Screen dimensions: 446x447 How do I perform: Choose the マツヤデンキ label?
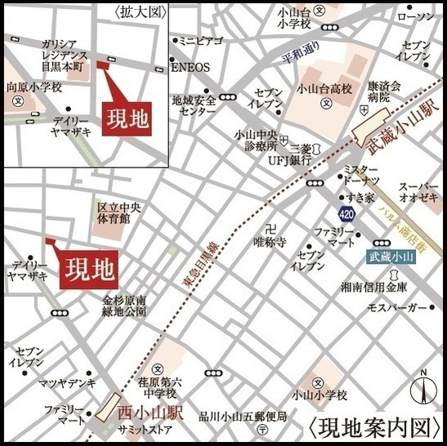click(63, 382)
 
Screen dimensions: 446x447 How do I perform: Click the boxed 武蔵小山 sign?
click(391, 256)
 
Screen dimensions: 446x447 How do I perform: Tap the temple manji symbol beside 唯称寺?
click(270, 228)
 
